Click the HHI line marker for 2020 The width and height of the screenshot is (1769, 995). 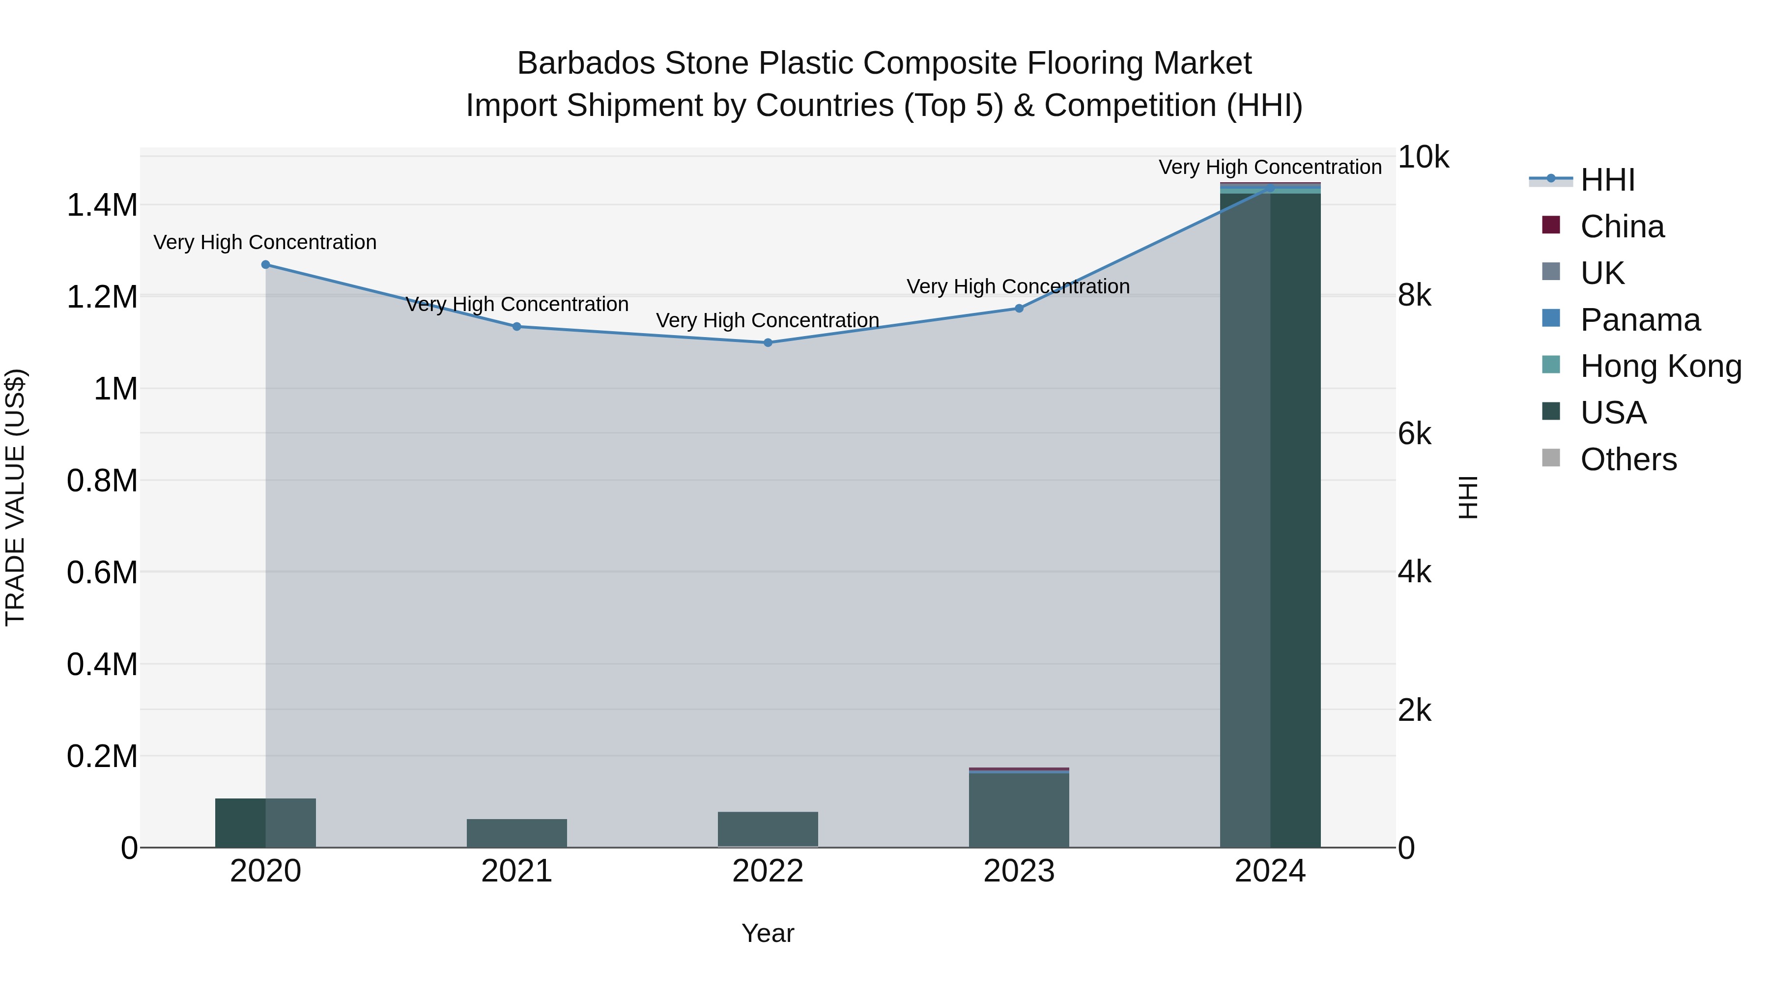click(266, 264)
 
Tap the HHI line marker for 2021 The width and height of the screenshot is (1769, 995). click(517, 326)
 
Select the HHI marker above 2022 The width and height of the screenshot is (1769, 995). click(768, 342)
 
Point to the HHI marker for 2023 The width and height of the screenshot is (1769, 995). click(1019, 308)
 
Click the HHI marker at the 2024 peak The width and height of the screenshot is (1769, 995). click(1270, 188)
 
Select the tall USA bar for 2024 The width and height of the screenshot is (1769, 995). click(1270, 522)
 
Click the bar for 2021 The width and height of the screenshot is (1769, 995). click(517, 833)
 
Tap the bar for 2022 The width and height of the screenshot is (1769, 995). click(768, 829)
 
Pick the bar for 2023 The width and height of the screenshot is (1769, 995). click(1019, 810)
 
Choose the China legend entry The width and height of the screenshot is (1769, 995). click(1622, 227)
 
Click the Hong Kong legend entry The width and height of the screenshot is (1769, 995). click(1660, 366)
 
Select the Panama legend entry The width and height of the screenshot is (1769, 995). click(1640, 320)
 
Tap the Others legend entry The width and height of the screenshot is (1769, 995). click(1628, 459)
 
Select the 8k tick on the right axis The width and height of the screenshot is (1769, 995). click(1415, 296)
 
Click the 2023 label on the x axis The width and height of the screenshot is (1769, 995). click(1019, 871)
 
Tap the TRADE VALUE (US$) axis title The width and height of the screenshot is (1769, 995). click(15, 497)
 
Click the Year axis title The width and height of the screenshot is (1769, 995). click(768, 933)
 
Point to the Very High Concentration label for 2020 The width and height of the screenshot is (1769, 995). click(265, 242)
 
